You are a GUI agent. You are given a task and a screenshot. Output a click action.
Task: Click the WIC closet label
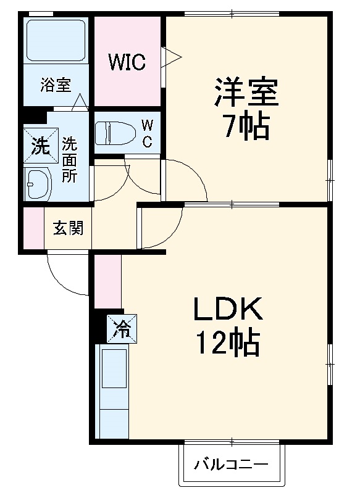(127, 62)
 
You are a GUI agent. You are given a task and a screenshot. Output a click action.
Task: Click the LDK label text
(228, 309)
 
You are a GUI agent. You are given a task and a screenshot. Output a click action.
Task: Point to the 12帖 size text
(227, 343)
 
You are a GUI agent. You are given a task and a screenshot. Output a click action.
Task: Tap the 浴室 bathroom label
(56, 85)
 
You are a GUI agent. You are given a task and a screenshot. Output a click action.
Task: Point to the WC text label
(148, 133)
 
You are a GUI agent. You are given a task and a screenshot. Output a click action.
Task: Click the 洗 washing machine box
(41, 147)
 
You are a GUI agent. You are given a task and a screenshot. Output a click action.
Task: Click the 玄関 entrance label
(67, 228)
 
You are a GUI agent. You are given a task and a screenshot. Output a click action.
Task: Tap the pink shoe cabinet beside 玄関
(33, 228)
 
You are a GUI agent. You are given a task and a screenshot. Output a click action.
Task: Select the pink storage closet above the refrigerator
(108, 281)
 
